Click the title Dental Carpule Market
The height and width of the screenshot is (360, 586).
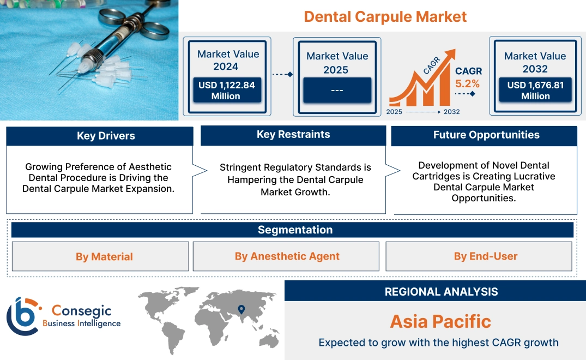point(385,16)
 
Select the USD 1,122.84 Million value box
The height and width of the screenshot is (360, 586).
point(226,90)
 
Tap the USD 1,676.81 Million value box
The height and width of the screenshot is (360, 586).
point(535,90)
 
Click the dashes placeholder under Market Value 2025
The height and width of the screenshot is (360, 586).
point(337,90)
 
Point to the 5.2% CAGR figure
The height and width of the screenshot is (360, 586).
point(467,83)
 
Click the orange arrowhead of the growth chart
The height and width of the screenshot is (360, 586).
point(451,55)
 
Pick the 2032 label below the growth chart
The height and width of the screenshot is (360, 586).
point(451,112)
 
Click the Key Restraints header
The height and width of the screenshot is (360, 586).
point(293,135)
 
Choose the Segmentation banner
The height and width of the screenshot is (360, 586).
point(295,230)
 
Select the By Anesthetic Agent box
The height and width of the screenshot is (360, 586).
point(287,256)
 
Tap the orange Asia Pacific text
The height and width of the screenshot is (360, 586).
point(440,321)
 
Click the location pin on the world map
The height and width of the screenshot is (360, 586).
point(240,310)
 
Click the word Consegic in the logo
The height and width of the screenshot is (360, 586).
point(82,311)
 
